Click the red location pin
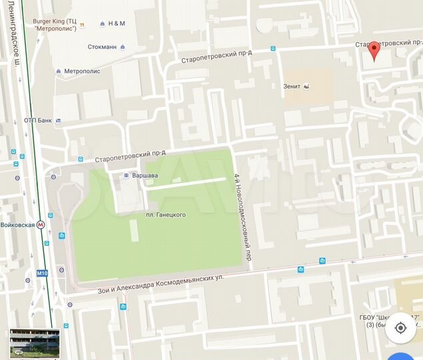pos(374,51)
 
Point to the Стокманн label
pos(102,47)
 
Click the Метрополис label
pos(83,71)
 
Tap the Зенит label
pos(292,86)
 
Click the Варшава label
pos(144,176)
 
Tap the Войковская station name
pos(17,225)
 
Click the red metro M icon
pos(41,225)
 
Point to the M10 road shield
pos(42,273)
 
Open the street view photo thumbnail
pos(34,343)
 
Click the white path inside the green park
pos(187,184)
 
